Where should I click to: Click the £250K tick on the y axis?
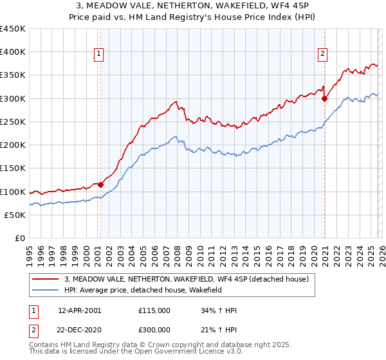[x=13, y=122]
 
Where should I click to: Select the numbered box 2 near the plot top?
[x=322, y=55]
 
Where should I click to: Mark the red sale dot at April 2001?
[x=101, y=185]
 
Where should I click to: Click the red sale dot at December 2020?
[x=324, y=99]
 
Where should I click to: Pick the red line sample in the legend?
[x=46, y=279]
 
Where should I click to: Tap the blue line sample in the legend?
[x=46, y=290]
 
